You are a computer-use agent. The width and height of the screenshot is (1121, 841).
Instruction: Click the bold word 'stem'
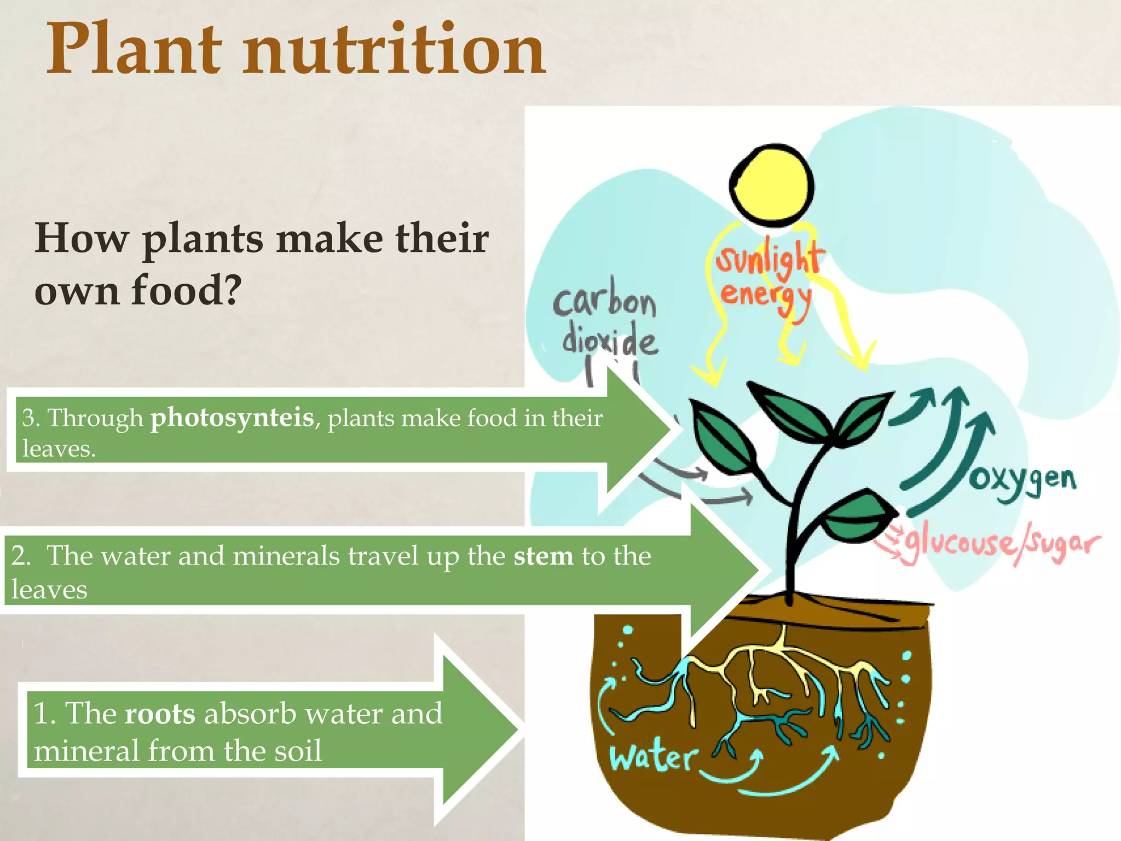(x=543, y=556)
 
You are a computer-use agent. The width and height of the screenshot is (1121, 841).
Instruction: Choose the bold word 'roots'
(x=160, y=714)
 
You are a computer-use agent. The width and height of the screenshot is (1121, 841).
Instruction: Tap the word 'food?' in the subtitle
(x=187, y=290)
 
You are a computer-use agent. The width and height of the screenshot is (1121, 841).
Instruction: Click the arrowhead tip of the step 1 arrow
(x=517, y=729)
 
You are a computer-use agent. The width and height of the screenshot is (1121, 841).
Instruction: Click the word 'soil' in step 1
(x=298, y=751)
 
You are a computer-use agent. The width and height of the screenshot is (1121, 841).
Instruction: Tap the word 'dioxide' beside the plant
(x=609, y=341)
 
